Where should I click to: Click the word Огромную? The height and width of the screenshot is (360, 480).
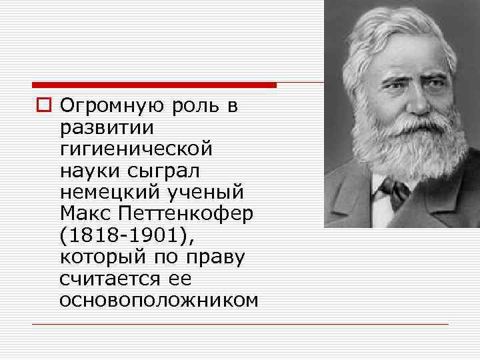[113, 107]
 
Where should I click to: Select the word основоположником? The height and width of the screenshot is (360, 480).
[159, 301]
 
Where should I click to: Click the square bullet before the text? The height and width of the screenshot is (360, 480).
[44, 107]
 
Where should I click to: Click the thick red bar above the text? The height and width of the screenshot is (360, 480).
[154, 85]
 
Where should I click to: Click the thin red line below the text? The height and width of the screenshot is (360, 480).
[240, 324]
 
